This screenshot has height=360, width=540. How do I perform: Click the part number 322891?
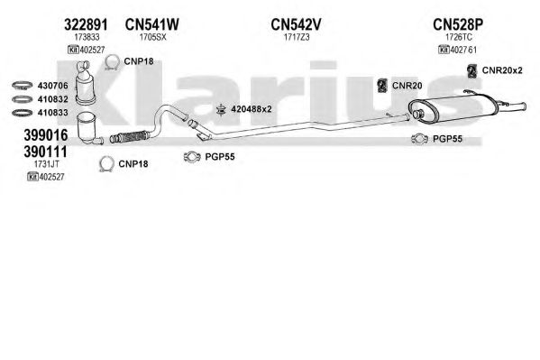86,24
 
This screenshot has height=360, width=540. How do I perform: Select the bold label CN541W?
151,24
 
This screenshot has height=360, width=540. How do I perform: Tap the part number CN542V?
296,24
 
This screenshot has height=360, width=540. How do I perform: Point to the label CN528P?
458,24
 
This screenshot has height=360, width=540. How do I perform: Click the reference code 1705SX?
152,37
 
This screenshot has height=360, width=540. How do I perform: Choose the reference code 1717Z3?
297,37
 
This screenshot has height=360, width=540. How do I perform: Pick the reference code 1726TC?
458,37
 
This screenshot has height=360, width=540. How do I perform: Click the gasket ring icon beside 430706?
22,85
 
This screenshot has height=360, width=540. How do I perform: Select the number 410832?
52,99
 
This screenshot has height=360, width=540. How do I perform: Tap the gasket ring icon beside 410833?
22,113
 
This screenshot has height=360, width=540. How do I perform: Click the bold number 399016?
46,135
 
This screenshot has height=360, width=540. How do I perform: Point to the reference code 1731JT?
46,164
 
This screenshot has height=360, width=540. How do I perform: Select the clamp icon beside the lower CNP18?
106,164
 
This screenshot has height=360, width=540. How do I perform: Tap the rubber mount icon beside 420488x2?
220,110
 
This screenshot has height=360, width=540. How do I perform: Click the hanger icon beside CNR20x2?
471,71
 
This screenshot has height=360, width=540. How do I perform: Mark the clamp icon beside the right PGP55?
419,139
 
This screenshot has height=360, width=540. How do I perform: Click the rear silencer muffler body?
453,108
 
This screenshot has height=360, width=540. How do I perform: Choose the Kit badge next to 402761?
444,50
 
